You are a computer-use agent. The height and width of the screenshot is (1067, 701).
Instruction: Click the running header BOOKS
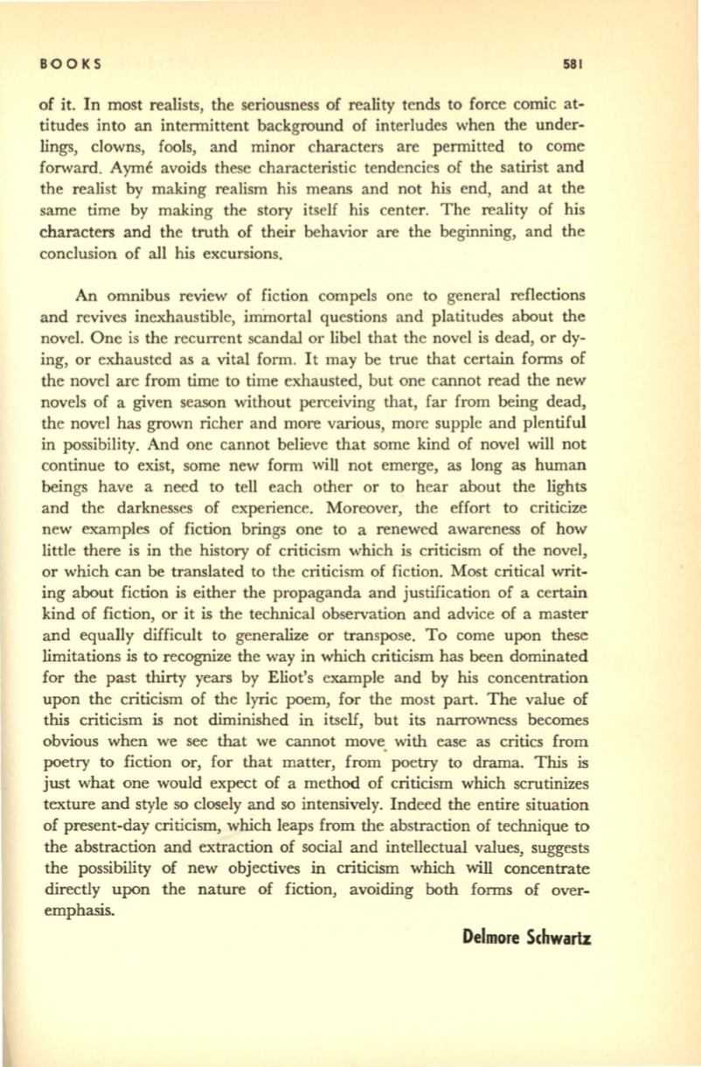tap(72, 63)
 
